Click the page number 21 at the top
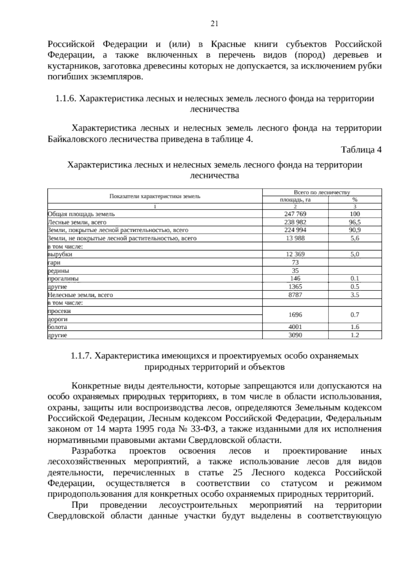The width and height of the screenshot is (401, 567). coord(214,23)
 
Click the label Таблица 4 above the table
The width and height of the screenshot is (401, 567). coord(361,150)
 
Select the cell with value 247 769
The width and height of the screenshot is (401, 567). coord(295,214)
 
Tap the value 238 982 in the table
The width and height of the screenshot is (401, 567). coord(295,222)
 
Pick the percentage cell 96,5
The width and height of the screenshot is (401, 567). coord(355,222)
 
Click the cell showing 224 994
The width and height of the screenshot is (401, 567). coord(295,230)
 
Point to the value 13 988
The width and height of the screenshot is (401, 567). coord(295,238)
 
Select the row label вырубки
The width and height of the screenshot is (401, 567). coord(60,254)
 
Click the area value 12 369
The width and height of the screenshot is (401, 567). coord(295,254)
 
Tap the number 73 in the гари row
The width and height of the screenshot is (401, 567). coord(295,262)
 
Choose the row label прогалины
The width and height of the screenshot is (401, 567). coord(63,278)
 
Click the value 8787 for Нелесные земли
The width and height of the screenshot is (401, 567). coord(295,295)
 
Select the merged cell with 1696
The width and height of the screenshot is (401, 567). coord(295,315)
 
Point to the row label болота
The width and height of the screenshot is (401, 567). coord(57,327)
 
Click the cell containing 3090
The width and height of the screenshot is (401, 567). coord(295,335)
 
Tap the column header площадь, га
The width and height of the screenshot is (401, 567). coord(295,200)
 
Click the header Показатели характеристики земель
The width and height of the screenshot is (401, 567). coord(155,196)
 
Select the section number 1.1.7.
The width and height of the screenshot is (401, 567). coord(81,356)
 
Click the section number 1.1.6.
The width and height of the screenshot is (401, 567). coord(66,99)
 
